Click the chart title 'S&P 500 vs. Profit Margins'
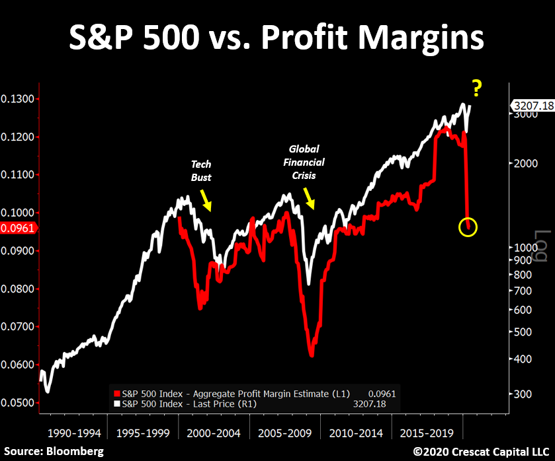[x=277, y=38]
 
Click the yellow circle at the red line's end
[x=467, y=228]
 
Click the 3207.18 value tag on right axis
[x=532, y=104]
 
